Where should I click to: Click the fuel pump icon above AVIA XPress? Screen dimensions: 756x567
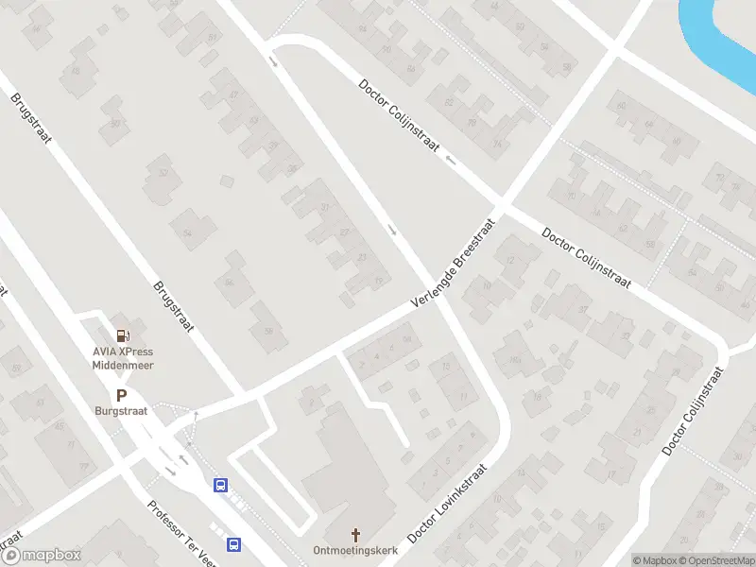pos(123,335)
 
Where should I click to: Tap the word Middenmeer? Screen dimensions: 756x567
pos(123,365)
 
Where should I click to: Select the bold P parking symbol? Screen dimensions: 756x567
pos(121,396)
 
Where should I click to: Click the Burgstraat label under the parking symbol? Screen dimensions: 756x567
pos(121,411)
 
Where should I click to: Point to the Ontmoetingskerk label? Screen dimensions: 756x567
pos(356,550)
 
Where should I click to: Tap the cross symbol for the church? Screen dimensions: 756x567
pos(356,534)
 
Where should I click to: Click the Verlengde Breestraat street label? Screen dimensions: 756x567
pos(454,270)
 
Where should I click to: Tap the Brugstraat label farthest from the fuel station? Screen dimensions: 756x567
pos(31,118)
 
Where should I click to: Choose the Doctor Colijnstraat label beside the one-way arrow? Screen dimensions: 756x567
pos(399,117)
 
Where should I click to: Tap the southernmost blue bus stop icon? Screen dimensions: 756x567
pos(233,544)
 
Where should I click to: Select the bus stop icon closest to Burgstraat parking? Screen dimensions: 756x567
pos(221,486)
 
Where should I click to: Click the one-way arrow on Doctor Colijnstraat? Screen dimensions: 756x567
pos(451,160)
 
